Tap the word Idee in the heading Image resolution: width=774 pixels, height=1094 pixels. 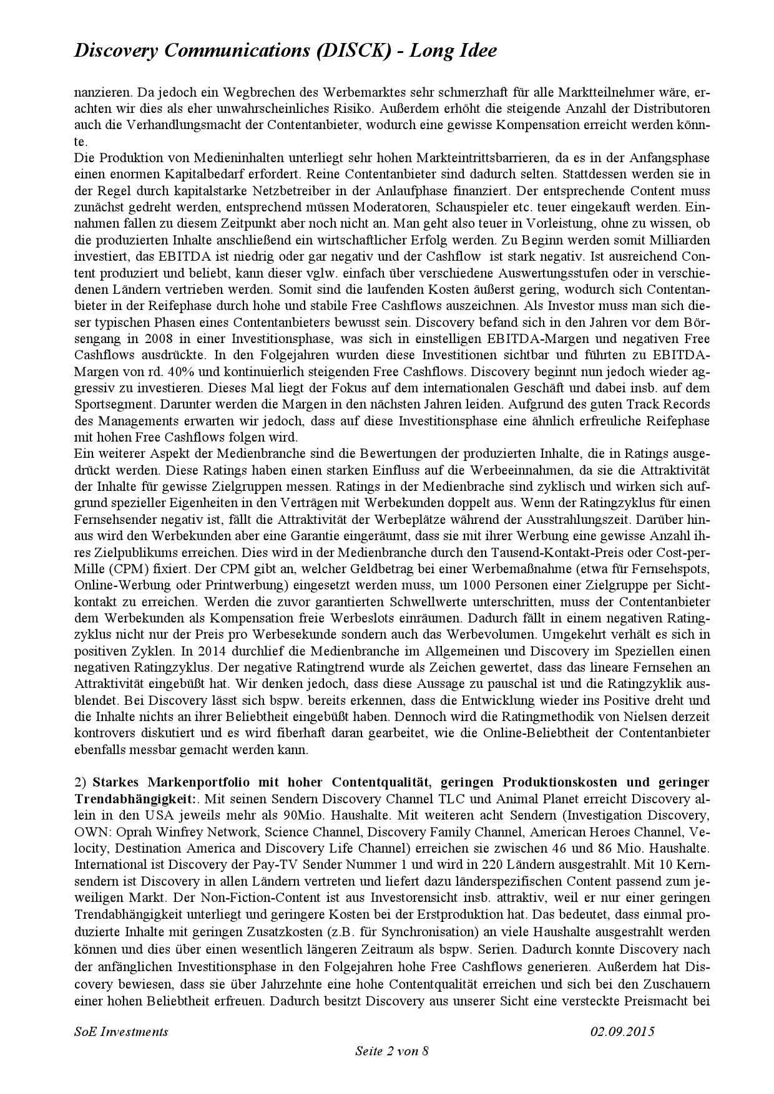[476, 51]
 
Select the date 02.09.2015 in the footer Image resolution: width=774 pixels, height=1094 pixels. [622, 1031]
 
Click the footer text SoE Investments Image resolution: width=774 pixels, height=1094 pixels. [121, 1031]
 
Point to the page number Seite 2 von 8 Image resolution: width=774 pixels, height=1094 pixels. [391, 1051]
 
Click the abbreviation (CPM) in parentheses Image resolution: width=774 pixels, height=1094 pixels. [122, 569]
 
